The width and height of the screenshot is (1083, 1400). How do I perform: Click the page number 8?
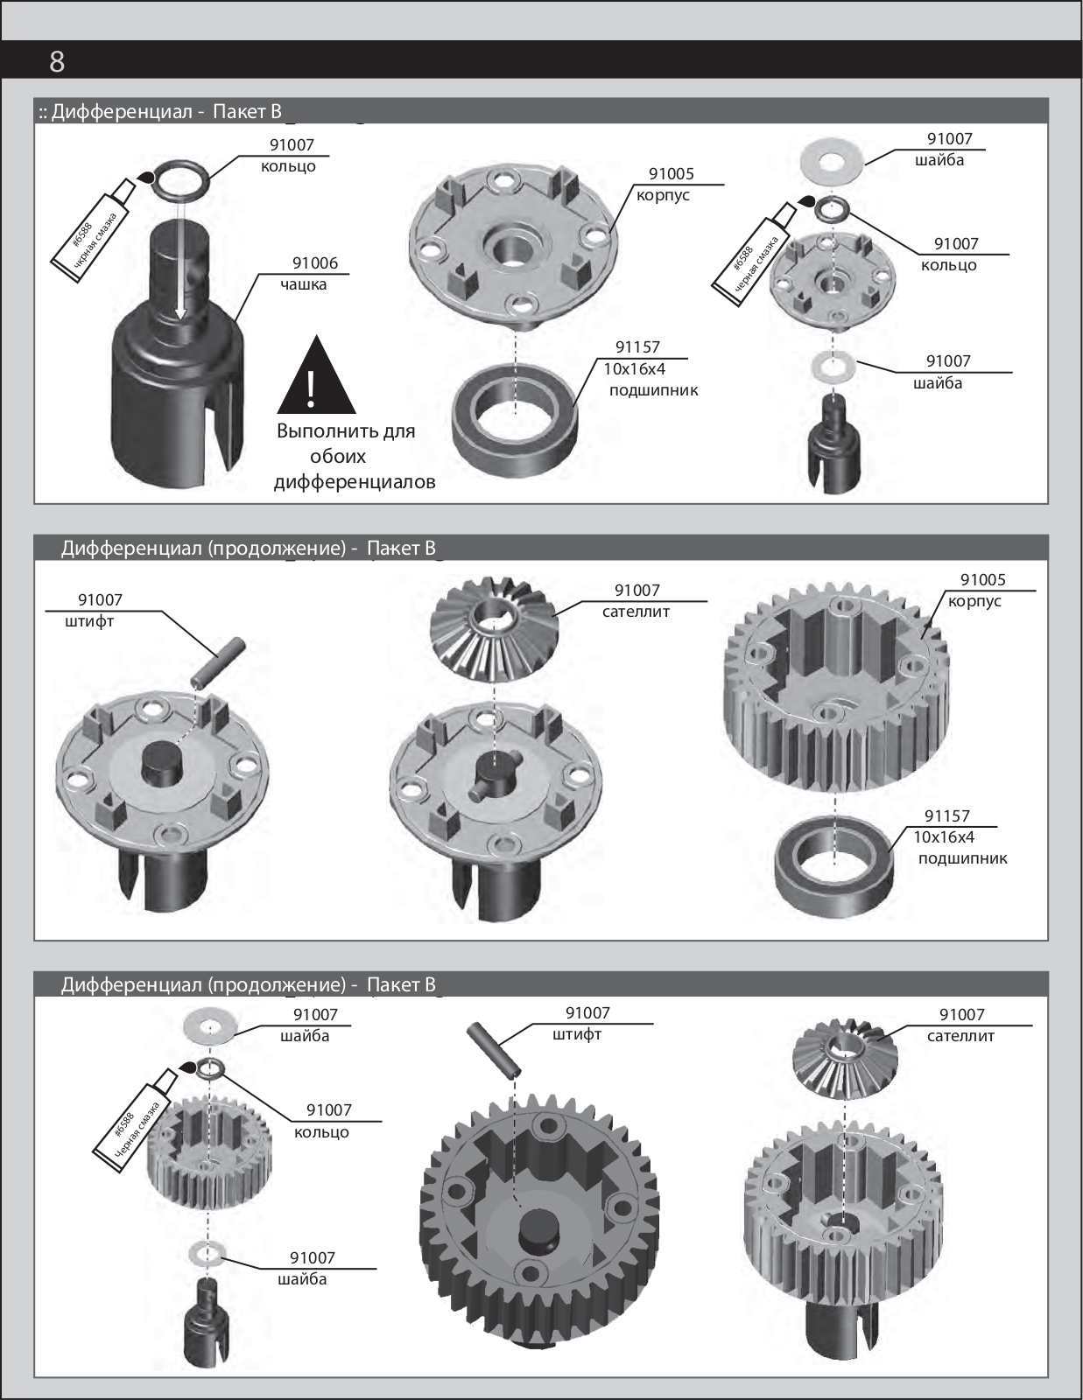click(x=57, y=61)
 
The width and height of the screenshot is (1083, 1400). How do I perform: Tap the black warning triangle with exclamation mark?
click(x=316, y=378)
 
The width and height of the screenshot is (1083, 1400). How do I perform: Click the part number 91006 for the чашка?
click(x=314, y=263)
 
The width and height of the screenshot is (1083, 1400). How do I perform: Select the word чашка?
click(x=303, y=284)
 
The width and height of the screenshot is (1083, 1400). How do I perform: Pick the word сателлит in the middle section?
click(x=636, y=612)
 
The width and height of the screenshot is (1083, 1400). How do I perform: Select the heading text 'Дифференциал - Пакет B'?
click(x=167, y=111)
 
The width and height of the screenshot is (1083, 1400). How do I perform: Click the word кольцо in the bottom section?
click(x=321, y=1132)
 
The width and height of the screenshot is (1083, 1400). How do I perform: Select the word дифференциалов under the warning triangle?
click(x=355, y=482)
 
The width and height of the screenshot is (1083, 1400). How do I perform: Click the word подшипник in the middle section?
click(x=962, y=858)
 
